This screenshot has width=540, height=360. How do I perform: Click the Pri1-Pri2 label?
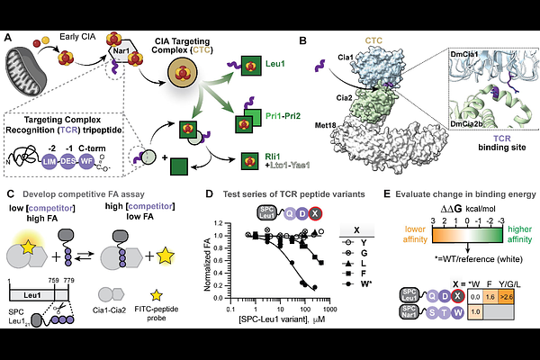coord(275,117)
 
